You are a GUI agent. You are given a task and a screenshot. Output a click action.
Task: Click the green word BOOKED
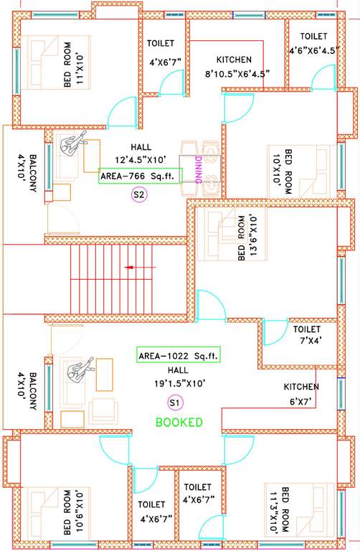pos(179,423)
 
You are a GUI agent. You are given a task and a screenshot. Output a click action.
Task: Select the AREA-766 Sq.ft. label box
pos(140,176)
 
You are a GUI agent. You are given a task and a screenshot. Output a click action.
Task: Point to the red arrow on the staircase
pos(131,268)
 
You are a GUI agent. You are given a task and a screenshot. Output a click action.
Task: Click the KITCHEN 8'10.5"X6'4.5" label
pos(234,67)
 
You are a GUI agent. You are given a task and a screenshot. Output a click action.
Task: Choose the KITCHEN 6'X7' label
pos(305,393)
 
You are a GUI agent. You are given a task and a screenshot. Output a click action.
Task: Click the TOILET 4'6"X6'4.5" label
pos(313,44)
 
